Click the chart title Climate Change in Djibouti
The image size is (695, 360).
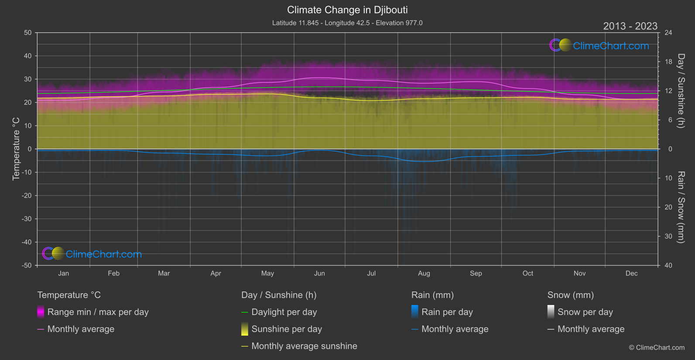tap(347, 10)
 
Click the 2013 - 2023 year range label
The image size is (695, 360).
tap(630, 26)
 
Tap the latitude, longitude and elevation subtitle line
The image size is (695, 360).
tap(347, 23)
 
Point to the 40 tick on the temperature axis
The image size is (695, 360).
tap(28, 56)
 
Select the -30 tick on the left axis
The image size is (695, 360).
tap(27, 219)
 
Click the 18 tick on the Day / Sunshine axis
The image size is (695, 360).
tap(668, 62)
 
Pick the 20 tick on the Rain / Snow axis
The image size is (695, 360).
tap(668, 207)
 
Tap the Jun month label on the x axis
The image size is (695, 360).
tap(319, 273)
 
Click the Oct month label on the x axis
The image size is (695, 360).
tap(528, 273)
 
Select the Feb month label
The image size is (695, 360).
tap(113, 273)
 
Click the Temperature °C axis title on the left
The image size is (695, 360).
tap(16, 149)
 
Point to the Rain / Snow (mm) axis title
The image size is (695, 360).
tap(681, 207)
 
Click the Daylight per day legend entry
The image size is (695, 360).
tap(284, 312)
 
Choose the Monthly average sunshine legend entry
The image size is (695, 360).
tap(304, 346)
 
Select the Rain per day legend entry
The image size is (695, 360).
tap(447, 312)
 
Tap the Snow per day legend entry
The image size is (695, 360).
tap(585, 312)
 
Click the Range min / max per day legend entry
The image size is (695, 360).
tap(98, 312)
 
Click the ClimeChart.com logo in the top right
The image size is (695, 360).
tap(599, 45)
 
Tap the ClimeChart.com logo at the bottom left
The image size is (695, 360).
tap(92, 254)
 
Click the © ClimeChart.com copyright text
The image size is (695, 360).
tap(657, 347)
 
